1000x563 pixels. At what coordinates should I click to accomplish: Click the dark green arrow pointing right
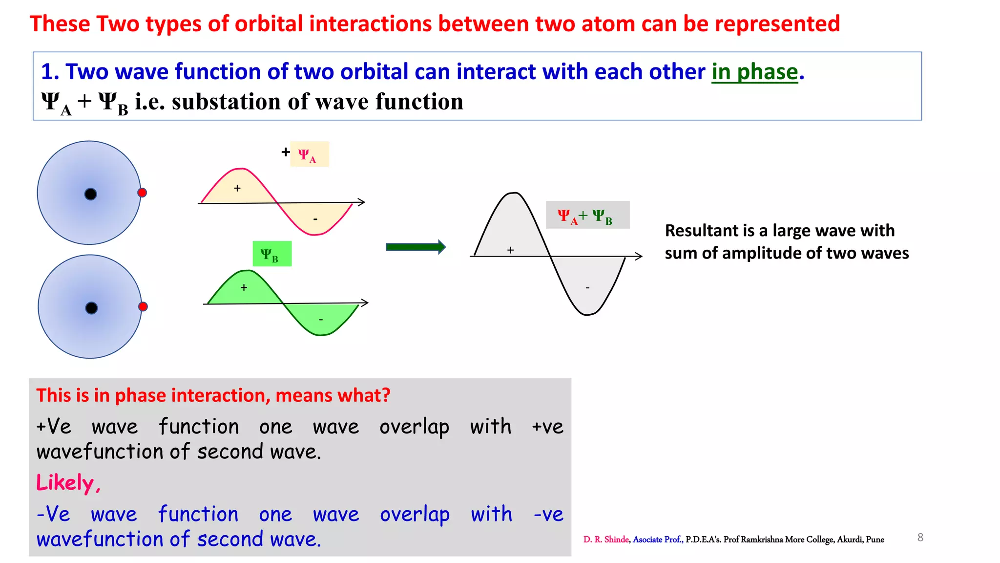tap(416, 247)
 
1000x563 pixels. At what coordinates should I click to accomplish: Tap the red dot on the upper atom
tap(142, 193)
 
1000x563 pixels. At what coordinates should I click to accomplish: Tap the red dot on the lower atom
tap(143, 306)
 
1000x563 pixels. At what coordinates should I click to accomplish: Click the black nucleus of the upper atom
tap(91, 194)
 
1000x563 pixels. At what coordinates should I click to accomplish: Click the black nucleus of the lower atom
tap(91, 308)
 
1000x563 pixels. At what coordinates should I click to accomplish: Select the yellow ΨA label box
tap(309, 154)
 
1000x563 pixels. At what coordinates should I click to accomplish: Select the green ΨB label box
tap(272, 254)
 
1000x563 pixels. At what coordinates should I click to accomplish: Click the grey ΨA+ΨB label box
tap(587, 215)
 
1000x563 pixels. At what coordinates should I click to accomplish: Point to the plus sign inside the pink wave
tap(237, 188)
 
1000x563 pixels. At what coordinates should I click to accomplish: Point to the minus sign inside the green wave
tap(321, 320)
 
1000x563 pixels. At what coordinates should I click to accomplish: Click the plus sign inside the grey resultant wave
tap(510, 250)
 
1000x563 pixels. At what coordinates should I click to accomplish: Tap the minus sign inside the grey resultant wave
tap(587, 288)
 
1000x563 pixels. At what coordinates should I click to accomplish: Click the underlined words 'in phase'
tap(754, 72)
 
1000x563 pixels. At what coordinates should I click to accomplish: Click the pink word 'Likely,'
tap(68, 483)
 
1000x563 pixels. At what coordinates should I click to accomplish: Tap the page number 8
tap(920, 538)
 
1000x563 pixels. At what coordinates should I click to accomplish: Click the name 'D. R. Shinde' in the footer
tap(605, 540)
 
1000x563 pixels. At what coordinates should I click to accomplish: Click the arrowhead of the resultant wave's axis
tap(639, 256)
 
